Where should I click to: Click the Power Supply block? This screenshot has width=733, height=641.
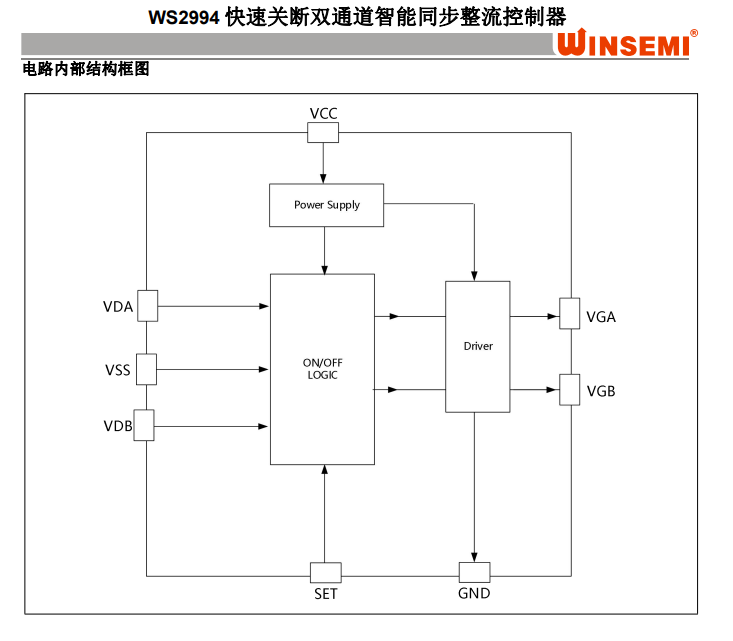326,205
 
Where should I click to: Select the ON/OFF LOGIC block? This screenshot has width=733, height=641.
322,369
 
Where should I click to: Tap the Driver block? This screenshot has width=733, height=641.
477,346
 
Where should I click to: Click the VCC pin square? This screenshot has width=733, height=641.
323,132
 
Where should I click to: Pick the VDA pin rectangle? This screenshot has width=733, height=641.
147,306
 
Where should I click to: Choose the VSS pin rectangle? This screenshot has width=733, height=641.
147,369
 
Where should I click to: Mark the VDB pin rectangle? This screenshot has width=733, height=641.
143,425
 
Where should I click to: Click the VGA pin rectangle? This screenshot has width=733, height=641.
570,313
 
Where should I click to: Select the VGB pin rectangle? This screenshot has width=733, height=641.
570,389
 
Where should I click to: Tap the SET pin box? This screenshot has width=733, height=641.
325,573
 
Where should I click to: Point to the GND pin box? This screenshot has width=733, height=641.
474,573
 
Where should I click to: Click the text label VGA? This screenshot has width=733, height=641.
601,317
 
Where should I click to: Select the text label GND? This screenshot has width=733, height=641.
474,594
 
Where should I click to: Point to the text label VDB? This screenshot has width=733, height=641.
117,427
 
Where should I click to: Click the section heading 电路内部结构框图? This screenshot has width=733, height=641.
85,70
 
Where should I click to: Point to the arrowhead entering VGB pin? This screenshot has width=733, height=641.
553,389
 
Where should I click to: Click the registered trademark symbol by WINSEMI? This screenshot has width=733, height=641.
694,33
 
